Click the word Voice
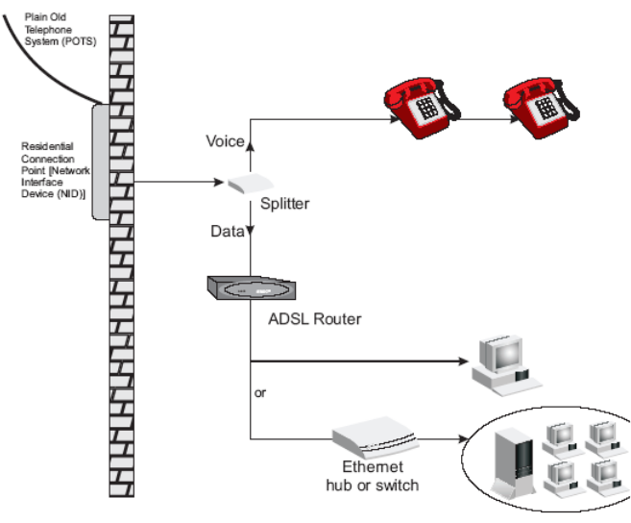[x=225, y=142]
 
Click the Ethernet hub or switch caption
[x=372, y=477]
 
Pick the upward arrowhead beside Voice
[x=251, y=144]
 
